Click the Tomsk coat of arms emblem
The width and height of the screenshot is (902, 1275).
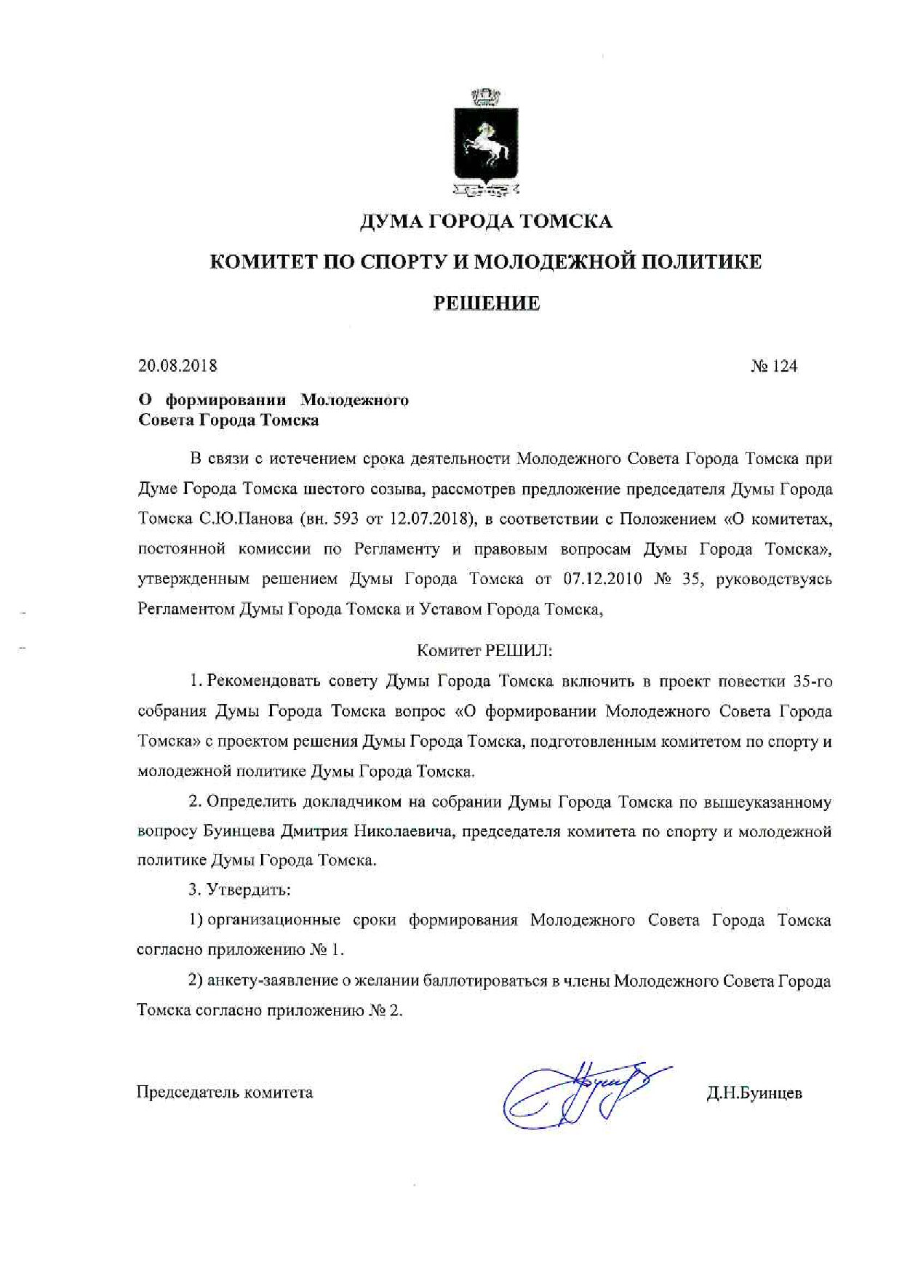click(x=486, y=143)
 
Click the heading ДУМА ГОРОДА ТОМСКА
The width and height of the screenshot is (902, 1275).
click(x=486, y=221)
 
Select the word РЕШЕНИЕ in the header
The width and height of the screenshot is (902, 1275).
click(x=486, y=303)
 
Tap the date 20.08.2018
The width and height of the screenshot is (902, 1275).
click(x=177, y=366)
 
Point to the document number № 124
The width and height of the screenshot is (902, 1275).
click(x=774, y=366)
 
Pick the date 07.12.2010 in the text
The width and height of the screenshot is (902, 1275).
click(x=602, y=579)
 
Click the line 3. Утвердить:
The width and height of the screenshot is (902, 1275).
click(x=239, y=890)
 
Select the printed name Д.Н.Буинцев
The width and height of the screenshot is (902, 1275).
click(x=754, y=1093)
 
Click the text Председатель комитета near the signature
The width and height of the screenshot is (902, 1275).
click(x=225, y=1092)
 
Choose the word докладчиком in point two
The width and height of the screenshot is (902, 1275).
click(x=351, y=802)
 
